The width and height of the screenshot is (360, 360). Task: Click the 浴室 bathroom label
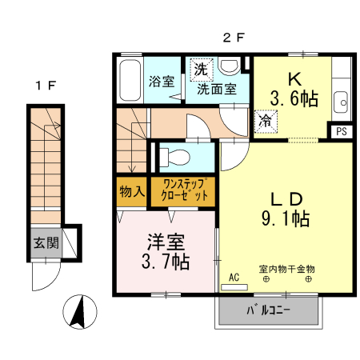162,81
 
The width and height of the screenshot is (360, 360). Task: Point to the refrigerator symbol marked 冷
263,121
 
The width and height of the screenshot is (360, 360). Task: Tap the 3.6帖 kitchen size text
294,99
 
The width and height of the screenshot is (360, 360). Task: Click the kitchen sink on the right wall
342,102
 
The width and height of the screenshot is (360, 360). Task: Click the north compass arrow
80,312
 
